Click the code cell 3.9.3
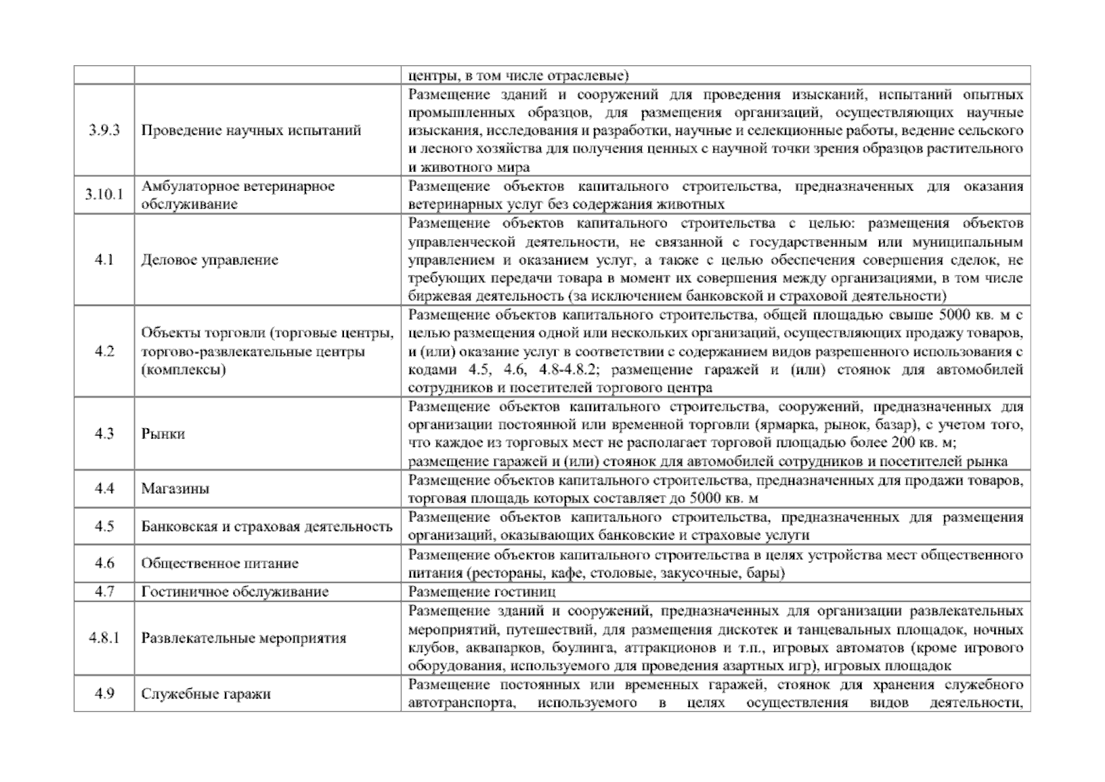point(104,130)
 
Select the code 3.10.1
point(104,195)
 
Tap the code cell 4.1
point(104,260)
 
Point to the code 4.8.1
point(104,638)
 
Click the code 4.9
point(104,693)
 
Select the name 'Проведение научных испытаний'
point(251,130)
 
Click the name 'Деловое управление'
point(210,260)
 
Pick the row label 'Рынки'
point(163,434)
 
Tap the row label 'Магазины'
point(175,489)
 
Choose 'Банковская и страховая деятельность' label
point(266,527)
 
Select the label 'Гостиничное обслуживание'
point(235,592)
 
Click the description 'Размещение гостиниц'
point(481,592)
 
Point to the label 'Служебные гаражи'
point(206,693)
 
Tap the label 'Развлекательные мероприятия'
point(243,638)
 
